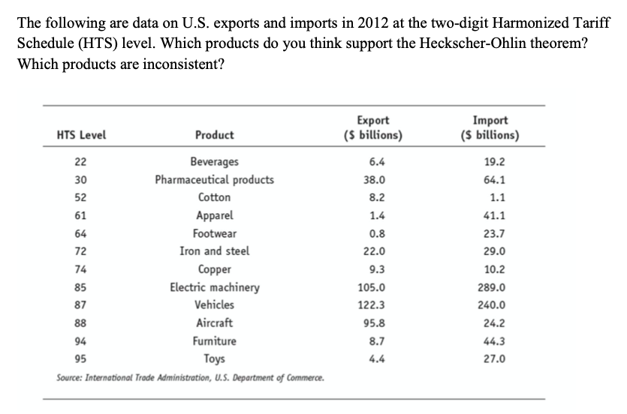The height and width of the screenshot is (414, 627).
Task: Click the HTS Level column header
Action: point(81,136)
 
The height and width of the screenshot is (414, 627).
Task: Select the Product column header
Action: point(214,136)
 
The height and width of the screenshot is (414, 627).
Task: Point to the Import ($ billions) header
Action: point(491,128)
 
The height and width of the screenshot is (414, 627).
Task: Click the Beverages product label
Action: point(214,161)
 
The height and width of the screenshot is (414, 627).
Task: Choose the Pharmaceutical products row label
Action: point(214,179)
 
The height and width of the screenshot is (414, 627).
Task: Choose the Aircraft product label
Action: point(214,323)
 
